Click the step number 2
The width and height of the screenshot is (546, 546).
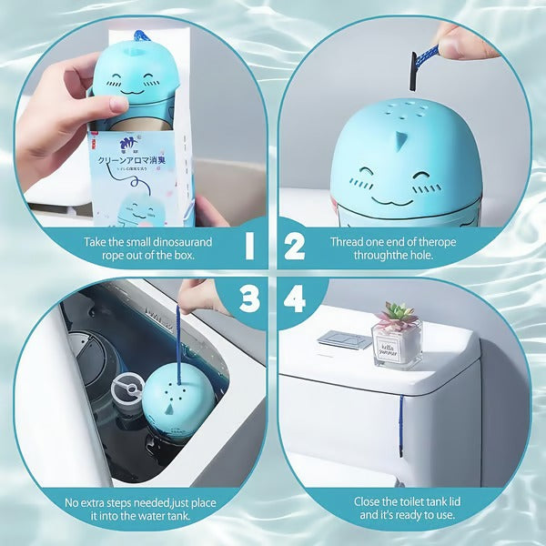point(295,245)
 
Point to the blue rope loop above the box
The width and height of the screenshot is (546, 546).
point(142,37)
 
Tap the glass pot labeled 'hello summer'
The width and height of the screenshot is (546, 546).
point(397,342)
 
